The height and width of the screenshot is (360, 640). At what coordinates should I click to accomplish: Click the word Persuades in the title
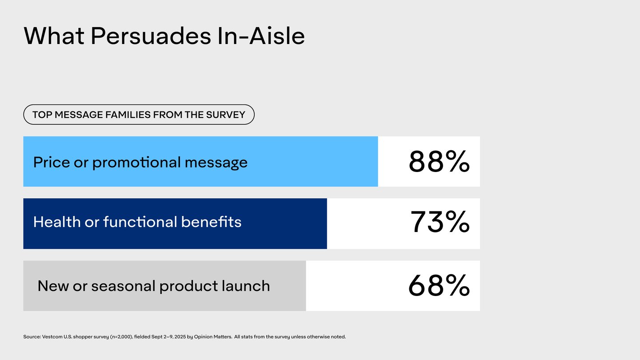click(x=151, y=36)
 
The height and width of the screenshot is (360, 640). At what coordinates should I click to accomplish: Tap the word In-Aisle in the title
click(x=261, y=36)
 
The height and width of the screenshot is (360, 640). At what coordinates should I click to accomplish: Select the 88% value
click(x=439, y=162)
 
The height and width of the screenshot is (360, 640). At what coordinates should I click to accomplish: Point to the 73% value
click(x=440, y=222)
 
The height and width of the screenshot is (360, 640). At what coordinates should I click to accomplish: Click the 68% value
click(x=439, y=285)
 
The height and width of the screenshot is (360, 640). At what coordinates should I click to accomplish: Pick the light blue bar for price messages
click(x=200, y=161)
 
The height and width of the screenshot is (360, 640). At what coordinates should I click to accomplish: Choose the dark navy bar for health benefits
click(x=175, y=224)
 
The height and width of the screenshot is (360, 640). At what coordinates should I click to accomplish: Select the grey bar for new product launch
click(x=164, y=286)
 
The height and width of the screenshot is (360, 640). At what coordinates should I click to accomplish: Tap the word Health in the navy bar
click(x=57, y=222)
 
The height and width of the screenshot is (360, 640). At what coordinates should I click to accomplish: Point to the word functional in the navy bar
click(x=140, y=222)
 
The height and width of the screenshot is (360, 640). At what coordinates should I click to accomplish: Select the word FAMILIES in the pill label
click(x=128, y=115)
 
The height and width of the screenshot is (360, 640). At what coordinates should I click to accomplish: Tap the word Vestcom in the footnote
click(x=52, y=336)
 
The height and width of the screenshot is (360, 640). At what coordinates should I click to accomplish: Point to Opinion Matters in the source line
click(x=213, y=336)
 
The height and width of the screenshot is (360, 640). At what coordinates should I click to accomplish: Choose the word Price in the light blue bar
click(x=52, y=162)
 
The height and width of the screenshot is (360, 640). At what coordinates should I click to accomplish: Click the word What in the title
click(x=54, y=36)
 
